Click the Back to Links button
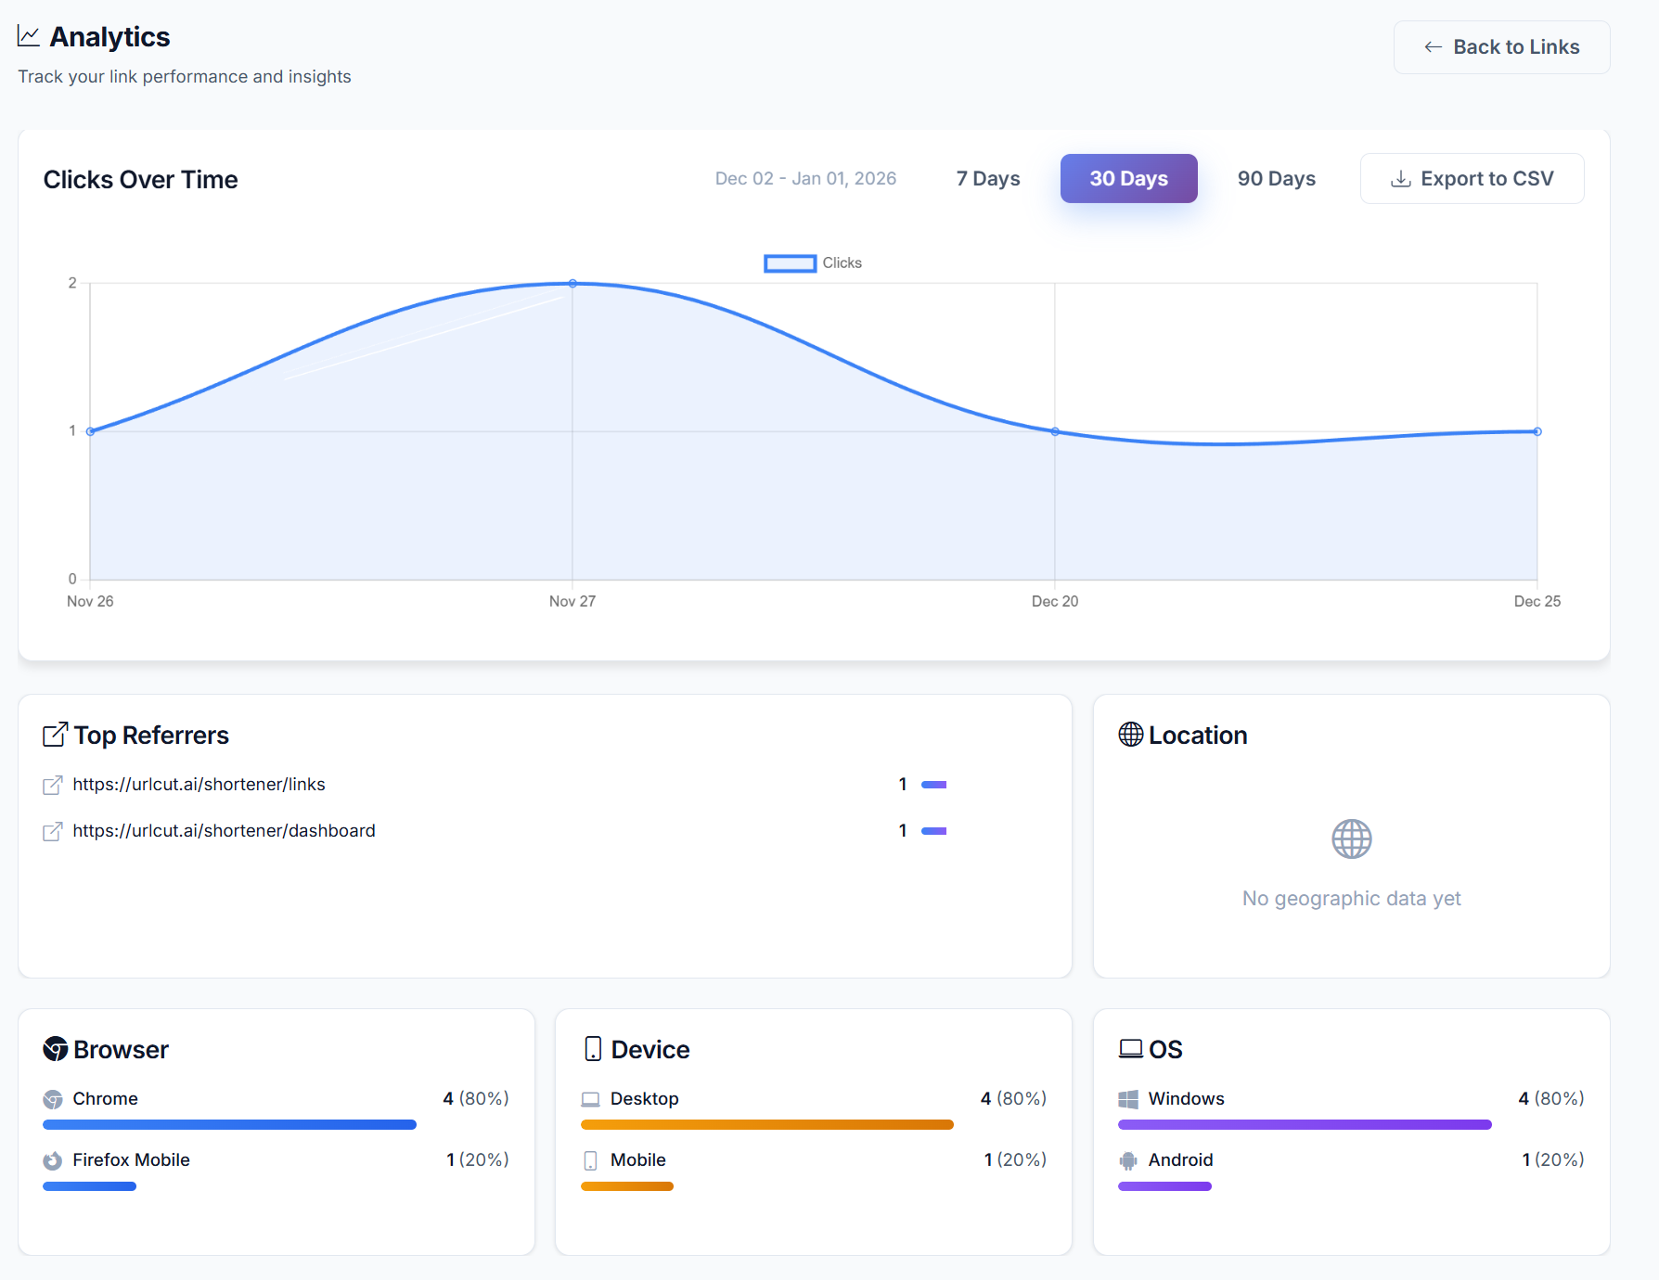coord(1501,47)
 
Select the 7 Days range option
coord(988,178)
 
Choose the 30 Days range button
coord(1128,178)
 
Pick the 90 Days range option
coord(1276,178)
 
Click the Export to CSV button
coord(1472,178)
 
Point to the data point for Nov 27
coord(572,283)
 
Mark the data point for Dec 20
coord(1055,431)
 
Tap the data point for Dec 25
coord(1537,431)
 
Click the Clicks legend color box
coord(790,263)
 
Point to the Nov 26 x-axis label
coord(90,601)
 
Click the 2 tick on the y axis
coord(72,283)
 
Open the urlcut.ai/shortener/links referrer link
coord(199,785)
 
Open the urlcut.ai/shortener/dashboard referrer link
coord(224,831)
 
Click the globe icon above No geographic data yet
coord(1351,839)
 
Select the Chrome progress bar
coord(229,1125)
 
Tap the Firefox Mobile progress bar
coord(89,1186)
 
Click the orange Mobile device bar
coord(627,1186)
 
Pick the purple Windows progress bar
coord(1305,1125)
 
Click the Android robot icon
coord(1128,1160)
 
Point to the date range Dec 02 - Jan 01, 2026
coord(805,178)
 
